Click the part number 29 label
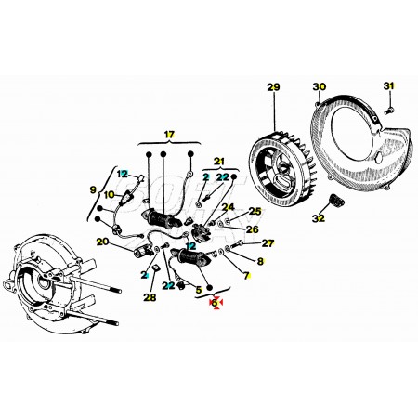(x=273, y=87)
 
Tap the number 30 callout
(x=320, y=86)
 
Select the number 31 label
(x=389, y=85)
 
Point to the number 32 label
(x=319, y=218)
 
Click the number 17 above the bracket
(x=169, y=135)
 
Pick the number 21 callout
(x=219, y=162)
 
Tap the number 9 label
(x=93, y=189)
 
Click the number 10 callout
(x=109, y=195)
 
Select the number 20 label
(x=103, y=242)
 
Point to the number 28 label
(x=150, y=297)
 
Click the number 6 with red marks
(x=216, y=303)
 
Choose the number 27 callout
(x=268, y=243)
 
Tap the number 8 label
(x=260, y=261)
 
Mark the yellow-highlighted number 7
(x=246, y=275)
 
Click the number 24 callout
(x=229, y=207)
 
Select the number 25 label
(x=255, y=212)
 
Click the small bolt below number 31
(x=389, y=110)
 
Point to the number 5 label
(x=199, y=290)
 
